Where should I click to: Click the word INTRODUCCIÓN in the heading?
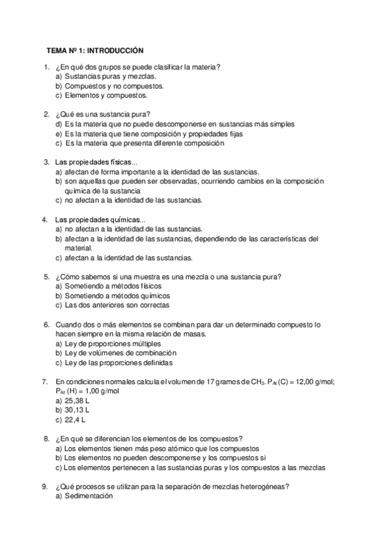point(115,49)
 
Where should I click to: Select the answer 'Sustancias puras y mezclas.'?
point(111,76)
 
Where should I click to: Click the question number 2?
point(46,114)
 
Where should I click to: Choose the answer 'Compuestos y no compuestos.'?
point(109,86)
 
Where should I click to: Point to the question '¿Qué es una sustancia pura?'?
point(101,114)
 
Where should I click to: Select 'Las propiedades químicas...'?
point(100,219)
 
